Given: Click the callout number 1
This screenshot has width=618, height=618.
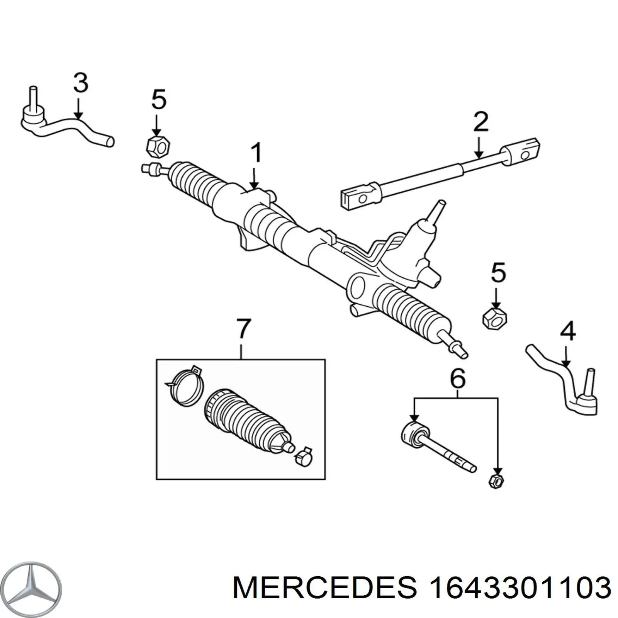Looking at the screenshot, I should pos(255,153).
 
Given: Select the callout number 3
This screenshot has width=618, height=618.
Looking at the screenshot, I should pos(80,83).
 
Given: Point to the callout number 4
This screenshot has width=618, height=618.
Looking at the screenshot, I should pos(567,332).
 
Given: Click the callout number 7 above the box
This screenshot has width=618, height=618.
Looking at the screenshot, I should pos(243,329).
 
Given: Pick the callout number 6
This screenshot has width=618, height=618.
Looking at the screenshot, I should pos(457,379).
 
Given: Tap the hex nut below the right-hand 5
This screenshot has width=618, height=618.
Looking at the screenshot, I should pos(495,318).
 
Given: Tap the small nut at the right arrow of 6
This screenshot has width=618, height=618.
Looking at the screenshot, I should pos(496,481).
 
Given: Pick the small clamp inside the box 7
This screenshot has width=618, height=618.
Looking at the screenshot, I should pos(304,456).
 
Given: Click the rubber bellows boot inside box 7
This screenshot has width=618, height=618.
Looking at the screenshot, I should pos(245,422).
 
